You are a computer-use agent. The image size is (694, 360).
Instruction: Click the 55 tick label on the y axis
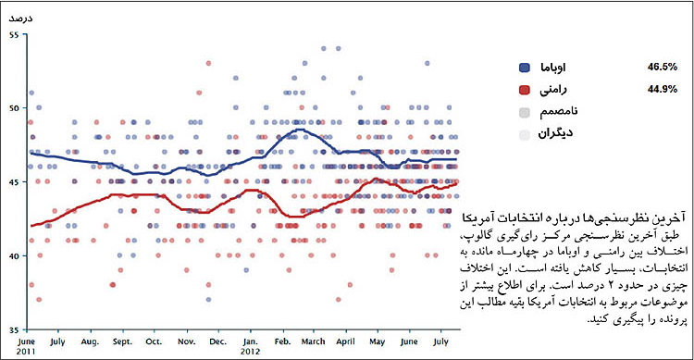(x=13, y=34)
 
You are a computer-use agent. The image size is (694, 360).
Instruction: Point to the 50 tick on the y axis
(x=13, y=108)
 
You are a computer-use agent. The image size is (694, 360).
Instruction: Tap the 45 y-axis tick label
(x=13, y=182)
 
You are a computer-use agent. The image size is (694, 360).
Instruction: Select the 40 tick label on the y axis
(x=13, y=256)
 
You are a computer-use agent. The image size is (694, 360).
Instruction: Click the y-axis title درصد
(x=19, y=17)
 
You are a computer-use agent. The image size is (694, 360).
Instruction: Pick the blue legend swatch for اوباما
(x=525, y=68)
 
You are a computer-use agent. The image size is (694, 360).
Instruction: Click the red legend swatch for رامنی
(x=525, y=90)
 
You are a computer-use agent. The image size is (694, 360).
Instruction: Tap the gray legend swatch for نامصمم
(x=525, y=112)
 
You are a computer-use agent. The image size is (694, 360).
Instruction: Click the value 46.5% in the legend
(x=663, y=68)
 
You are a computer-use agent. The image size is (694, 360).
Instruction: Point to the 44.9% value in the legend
(x=663, y=90)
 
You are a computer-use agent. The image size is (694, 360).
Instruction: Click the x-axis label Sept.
(x=122, y=341)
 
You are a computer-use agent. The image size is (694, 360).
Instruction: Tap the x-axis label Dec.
(x=218, y=341)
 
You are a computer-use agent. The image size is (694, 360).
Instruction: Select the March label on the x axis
(x=314, y=341)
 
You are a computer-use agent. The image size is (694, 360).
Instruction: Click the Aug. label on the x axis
(x=90, y=341)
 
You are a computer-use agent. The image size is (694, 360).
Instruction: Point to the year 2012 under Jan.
(x=251, y=352)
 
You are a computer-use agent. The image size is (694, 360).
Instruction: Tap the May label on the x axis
(x=378, y=341)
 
